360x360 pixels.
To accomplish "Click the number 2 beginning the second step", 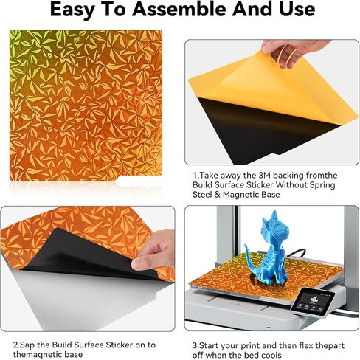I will pyautogui.click(x=15, y=344).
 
